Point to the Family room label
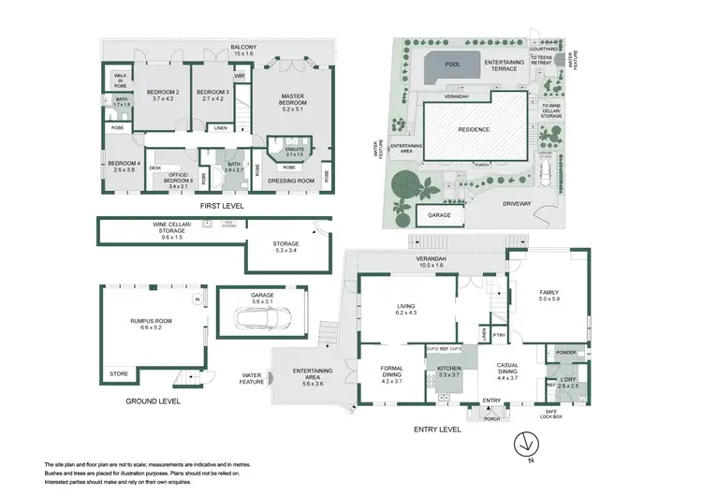click(548, 296)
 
